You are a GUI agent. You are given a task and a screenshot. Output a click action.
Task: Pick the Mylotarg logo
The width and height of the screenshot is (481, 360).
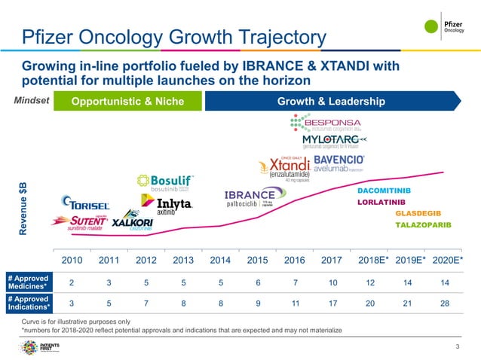point(333,142)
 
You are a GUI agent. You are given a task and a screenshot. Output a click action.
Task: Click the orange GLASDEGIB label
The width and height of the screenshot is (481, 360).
point(418,213)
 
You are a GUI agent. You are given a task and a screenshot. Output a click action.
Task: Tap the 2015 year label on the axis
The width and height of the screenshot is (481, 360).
point(258,261)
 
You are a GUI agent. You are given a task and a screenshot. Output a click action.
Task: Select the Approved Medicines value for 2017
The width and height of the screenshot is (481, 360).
point(332,283)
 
